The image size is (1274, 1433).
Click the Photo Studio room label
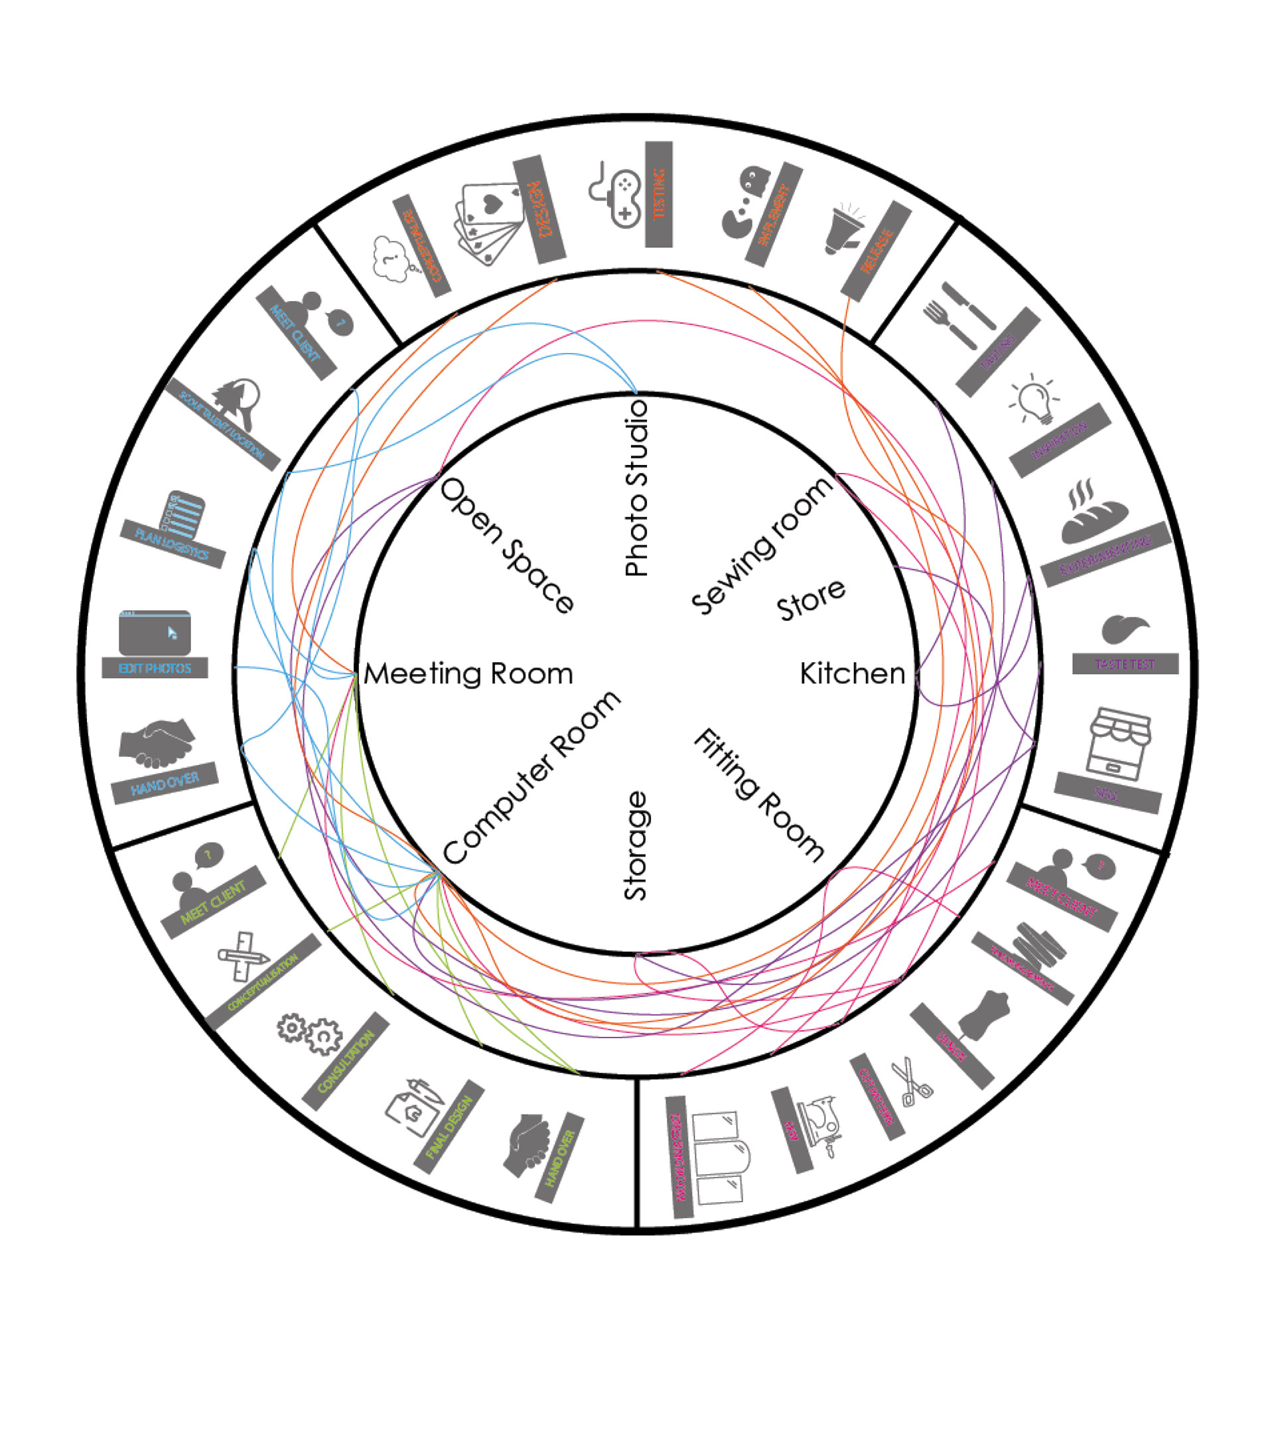tap(636, 489)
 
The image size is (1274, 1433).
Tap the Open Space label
tap(506, 546)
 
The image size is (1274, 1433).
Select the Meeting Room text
tap(468, 674)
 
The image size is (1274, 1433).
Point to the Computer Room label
tap(532, 778)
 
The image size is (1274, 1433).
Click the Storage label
tap(636, 845)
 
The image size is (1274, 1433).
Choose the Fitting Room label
tap(759, 794)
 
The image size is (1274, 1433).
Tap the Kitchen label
tap(853, 674)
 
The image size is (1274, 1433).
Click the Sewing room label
tap(762, 546)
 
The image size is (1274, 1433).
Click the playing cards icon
tap(491, 223)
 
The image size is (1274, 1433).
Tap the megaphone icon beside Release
tap(843, 229)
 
